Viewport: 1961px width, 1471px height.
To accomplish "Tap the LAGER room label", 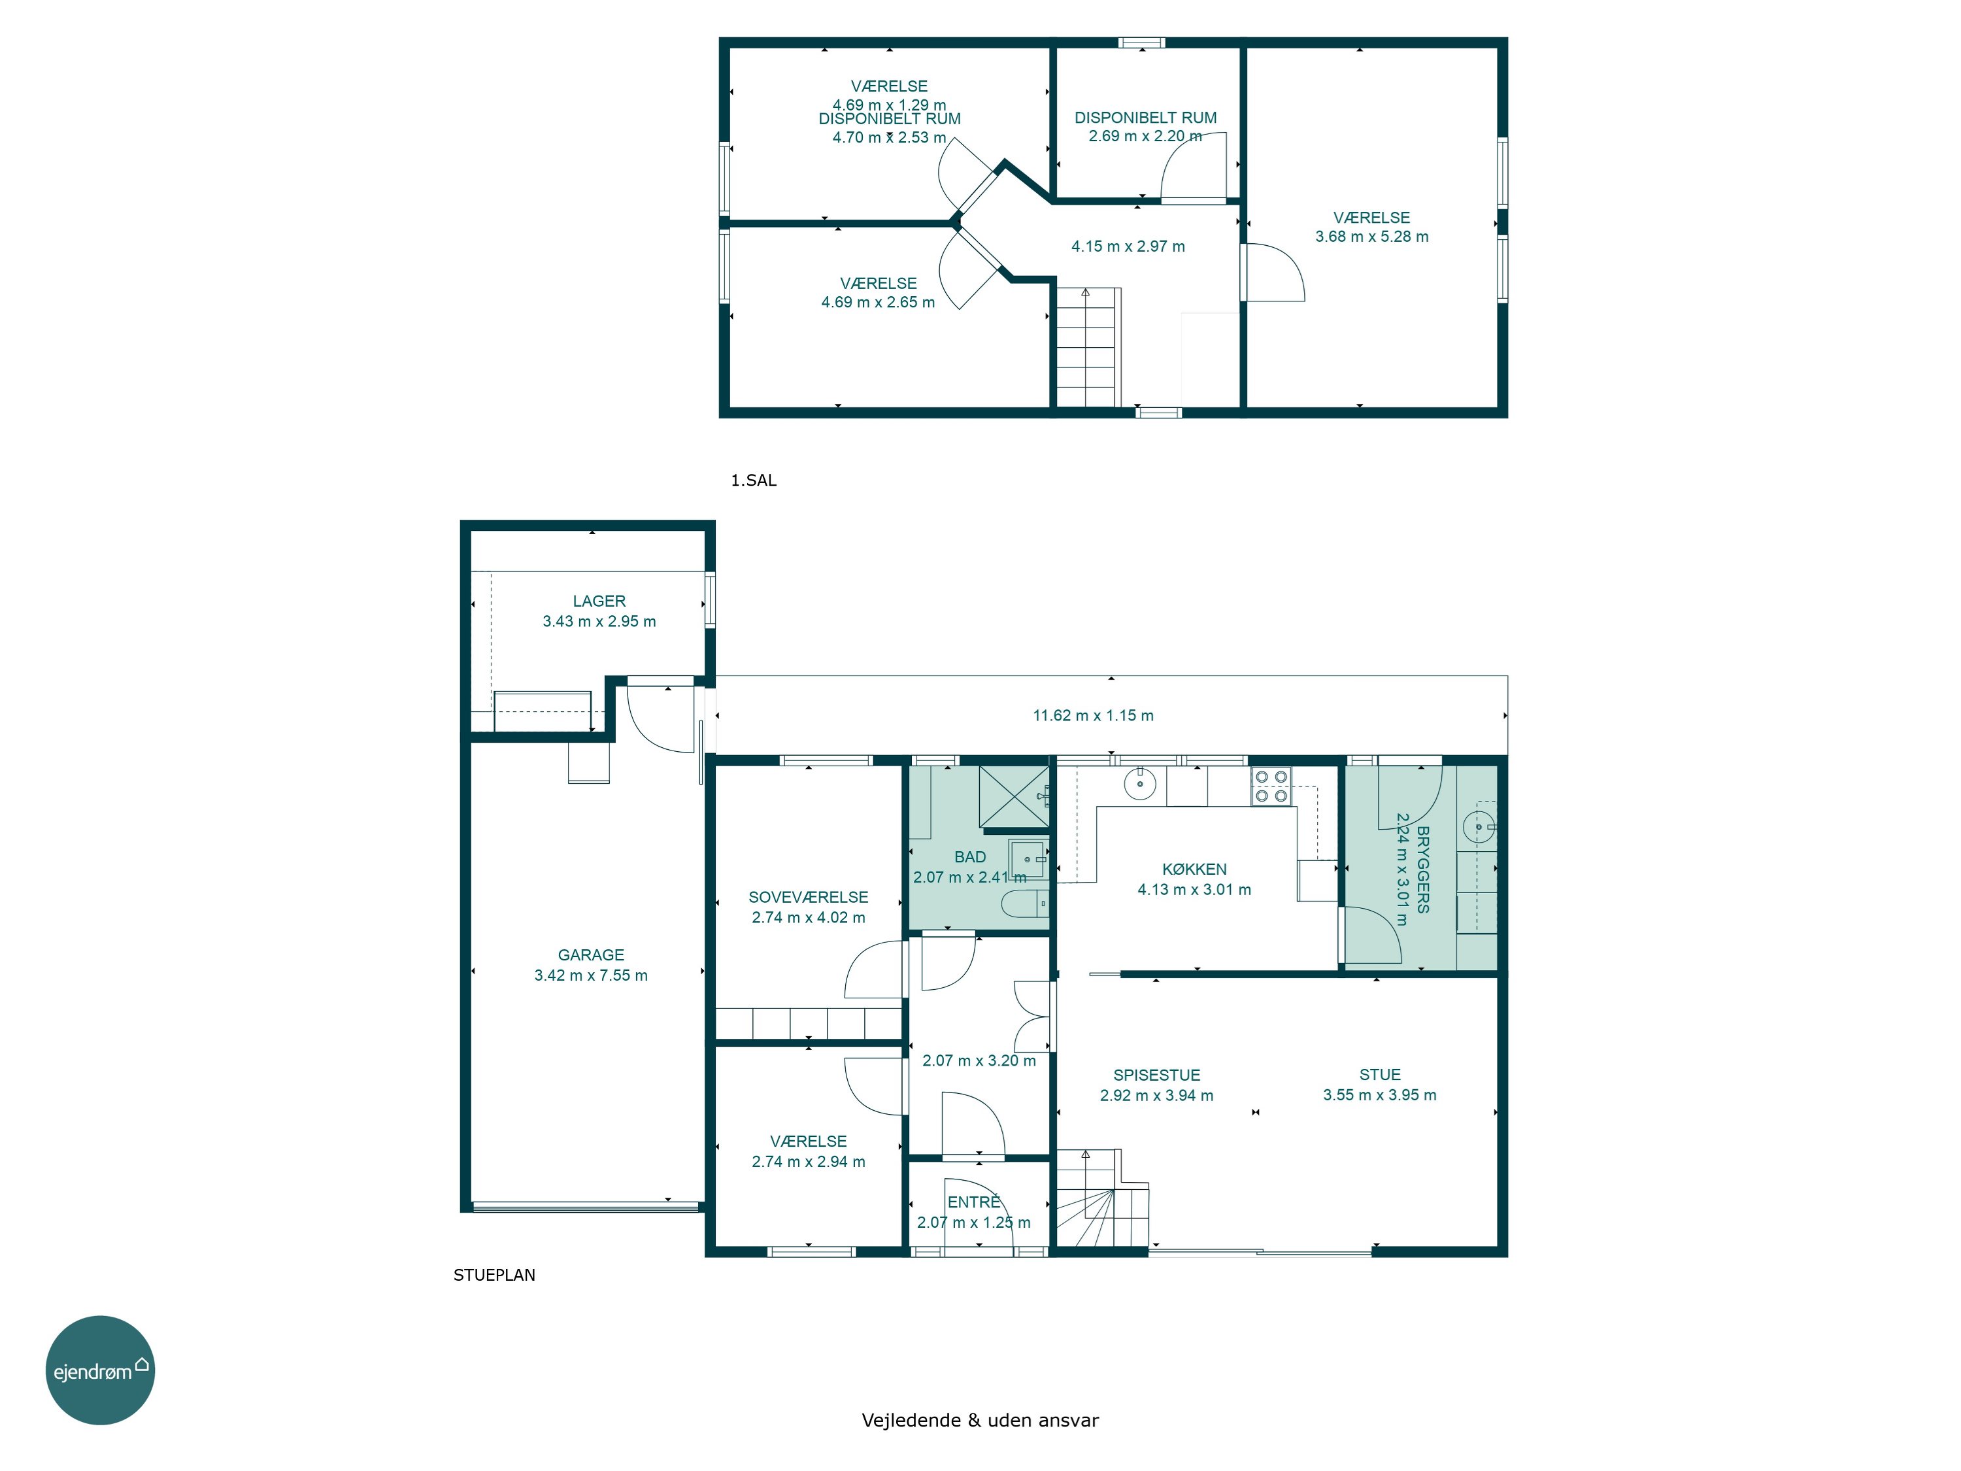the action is [x=599, y=601].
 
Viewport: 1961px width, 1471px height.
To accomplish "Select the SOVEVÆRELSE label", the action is [x=809, y=898].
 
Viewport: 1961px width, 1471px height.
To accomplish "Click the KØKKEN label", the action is [x=1194, y=869].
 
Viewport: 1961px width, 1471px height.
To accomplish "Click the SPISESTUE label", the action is [x=1157, y=1075].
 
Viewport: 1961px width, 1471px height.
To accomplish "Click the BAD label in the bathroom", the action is [x=970, y=857].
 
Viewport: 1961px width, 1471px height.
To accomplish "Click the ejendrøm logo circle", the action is [x=100, y=1370].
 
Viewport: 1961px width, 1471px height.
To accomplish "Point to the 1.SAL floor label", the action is [x=754, y=481].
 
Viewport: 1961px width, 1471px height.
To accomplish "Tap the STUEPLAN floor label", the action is [x=495, y=1275].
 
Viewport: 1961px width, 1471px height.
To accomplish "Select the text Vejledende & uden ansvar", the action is [x=980, y=1421].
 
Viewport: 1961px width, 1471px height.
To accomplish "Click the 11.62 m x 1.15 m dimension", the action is [x=1093, y=715].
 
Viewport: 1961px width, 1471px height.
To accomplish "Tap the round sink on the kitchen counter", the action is [x=1140, y=784].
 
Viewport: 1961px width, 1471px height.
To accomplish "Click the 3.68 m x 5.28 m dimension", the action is [x=1371, y=237].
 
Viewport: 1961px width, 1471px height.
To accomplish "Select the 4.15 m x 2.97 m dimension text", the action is [x=1128, y=246].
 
